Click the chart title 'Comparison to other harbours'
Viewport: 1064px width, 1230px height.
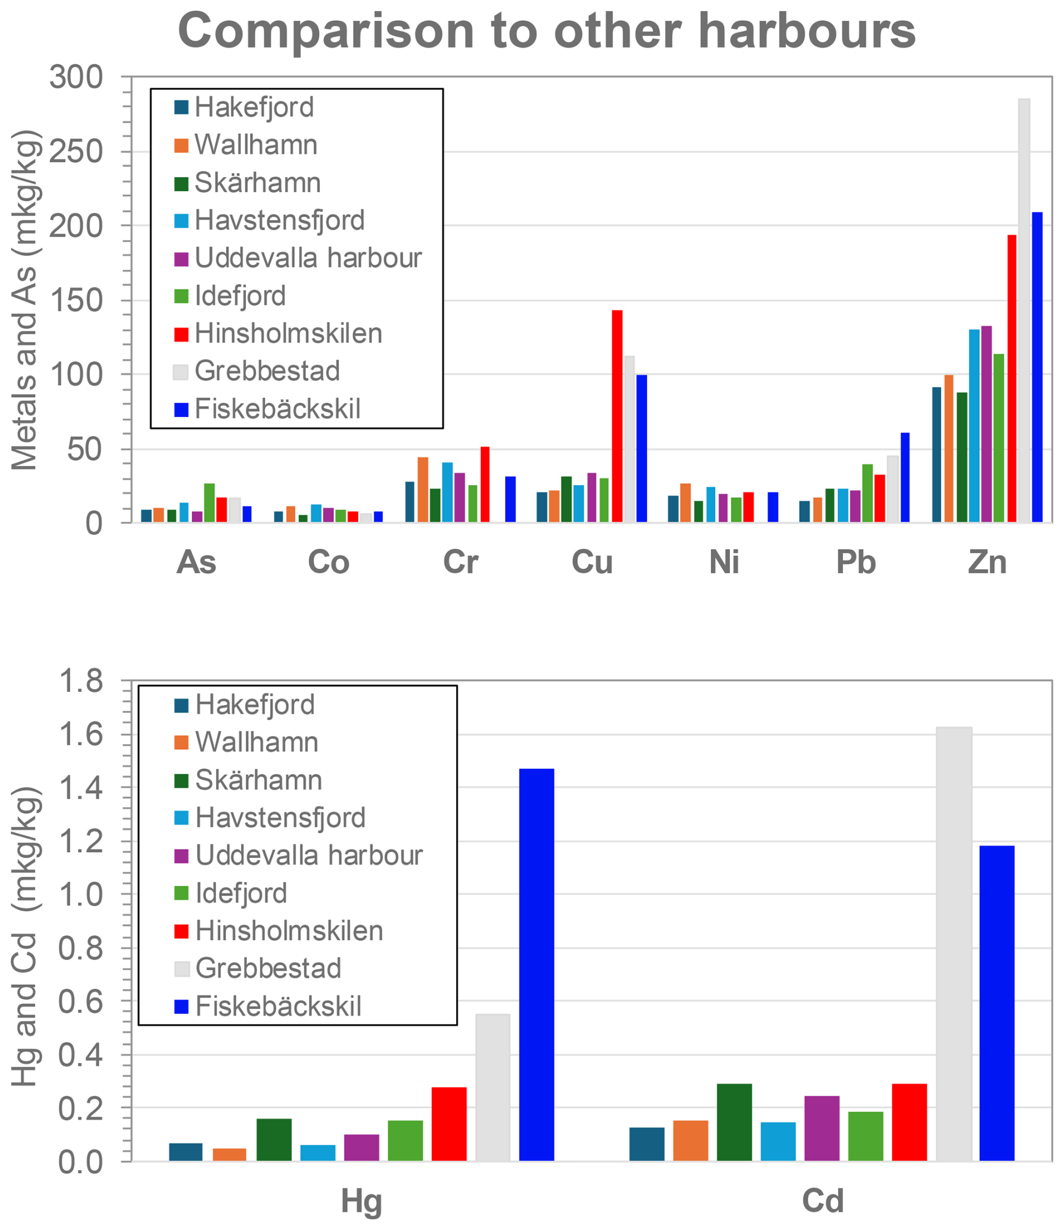point(546,31)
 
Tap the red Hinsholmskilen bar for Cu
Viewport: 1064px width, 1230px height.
point(617,416)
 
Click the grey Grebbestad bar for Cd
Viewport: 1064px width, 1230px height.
point(954,944)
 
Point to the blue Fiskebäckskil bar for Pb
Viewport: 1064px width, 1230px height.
point(905,477)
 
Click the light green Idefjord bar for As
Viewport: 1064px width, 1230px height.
point(210,502)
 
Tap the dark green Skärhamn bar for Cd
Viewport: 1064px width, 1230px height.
point(734,1122)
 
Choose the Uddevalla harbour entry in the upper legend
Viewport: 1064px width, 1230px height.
point(308,258)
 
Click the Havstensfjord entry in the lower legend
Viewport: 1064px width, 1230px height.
point(280,818)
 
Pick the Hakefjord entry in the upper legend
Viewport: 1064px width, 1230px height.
point(254,107)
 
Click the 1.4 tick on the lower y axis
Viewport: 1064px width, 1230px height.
point(80,787)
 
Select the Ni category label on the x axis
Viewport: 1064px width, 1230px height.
point(724,562)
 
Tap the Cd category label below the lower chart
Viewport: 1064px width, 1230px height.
point(822,1200)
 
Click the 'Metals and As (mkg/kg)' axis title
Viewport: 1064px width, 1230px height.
point(25,300)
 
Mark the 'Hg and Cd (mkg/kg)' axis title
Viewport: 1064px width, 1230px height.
point(25,936)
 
